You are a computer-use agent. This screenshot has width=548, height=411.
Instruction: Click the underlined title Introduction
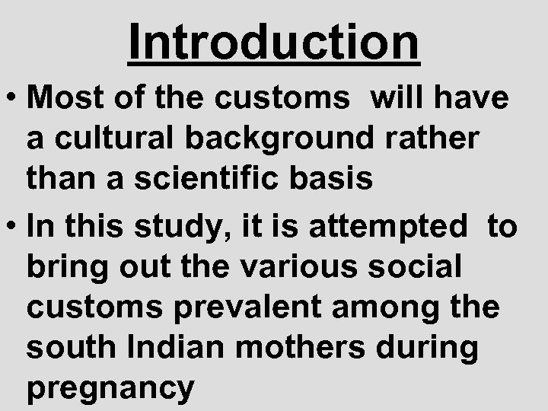tap(273, 42)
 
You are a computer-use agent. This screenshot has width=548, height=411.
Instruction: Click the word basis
tap(336, 179)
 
